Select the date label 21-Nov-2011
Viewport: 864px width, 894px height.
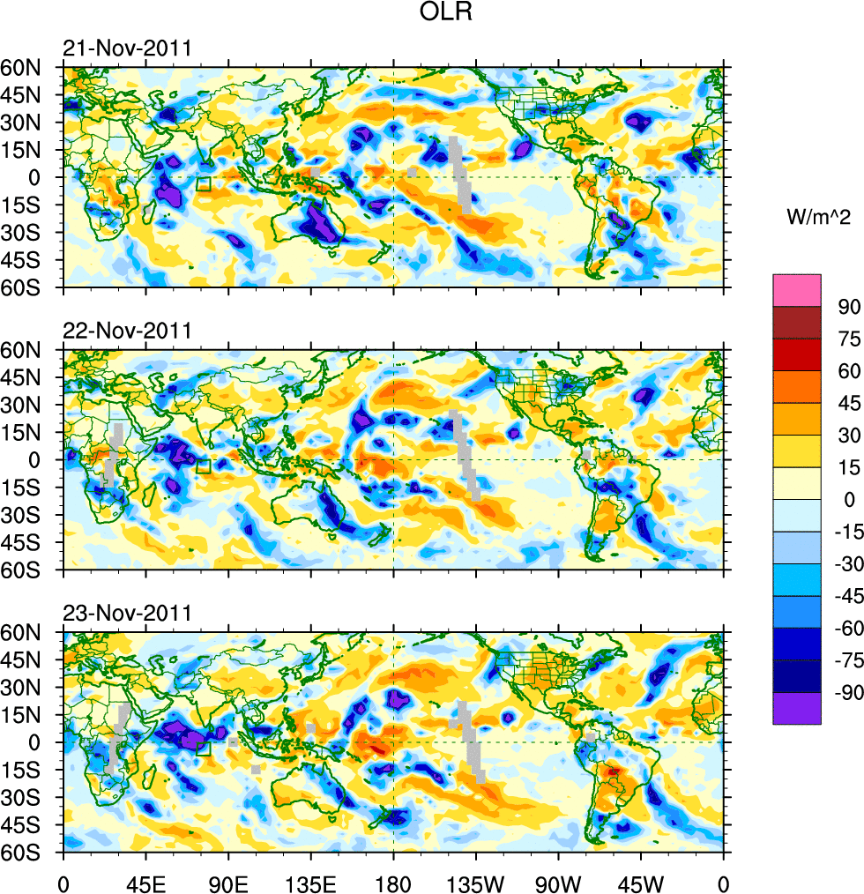click(127, 48)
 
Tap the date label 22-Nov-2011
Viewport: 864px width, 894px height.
click(127, 332)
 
